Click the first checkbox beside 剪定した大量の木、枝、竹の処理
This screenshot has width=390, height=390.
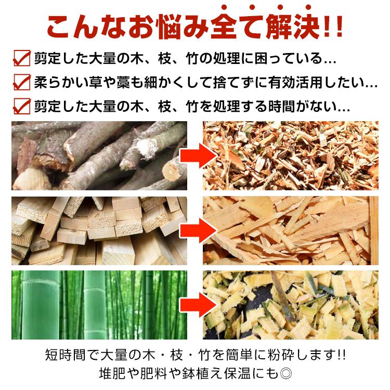21,58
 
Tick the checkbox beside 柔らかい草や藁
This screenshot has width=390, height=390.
21,82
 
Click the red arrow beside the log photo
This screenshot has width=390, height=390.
198,155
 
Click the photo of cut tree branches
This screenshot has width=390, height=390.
99,155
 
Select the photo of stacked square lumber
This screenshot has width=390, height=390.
99,230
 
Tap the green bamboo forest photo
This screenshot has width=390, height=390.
99,305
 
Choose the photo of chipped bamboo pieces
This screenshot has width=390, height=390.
290,305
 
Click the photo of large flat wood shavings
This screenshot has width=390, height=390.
290,230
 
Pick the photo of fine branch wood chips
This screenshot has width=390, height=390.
290,155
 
